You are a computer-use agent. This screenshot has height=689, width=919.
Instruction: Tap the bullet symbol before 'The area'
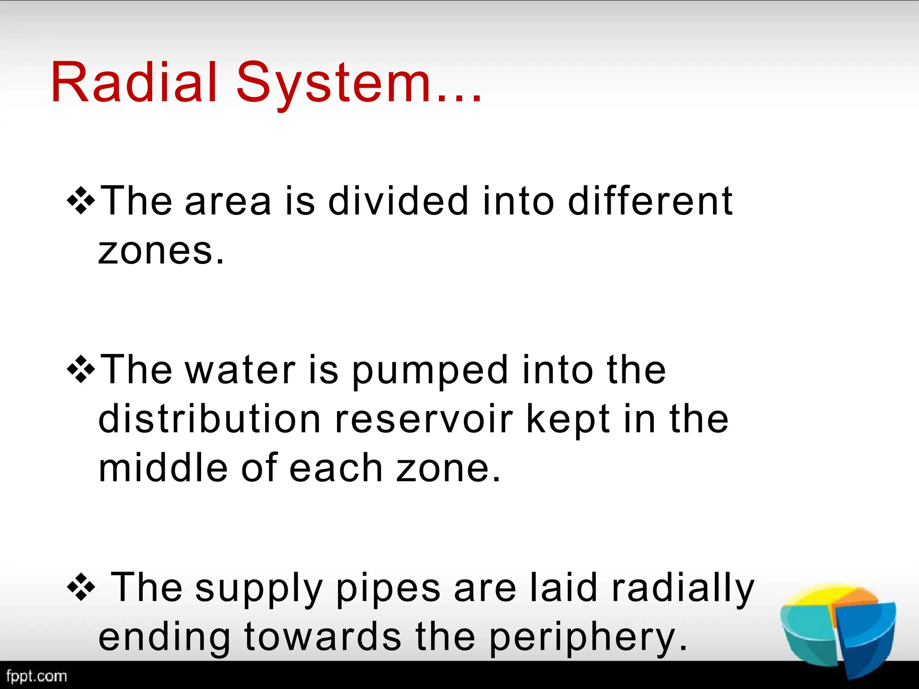tap(81, 199)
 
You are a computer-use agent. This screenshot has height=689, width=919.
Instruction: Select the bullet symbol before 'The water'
tap(81, 368)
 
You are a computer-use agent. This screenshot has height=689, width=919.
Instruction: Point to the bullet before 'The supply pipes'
tap(81, 586)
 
